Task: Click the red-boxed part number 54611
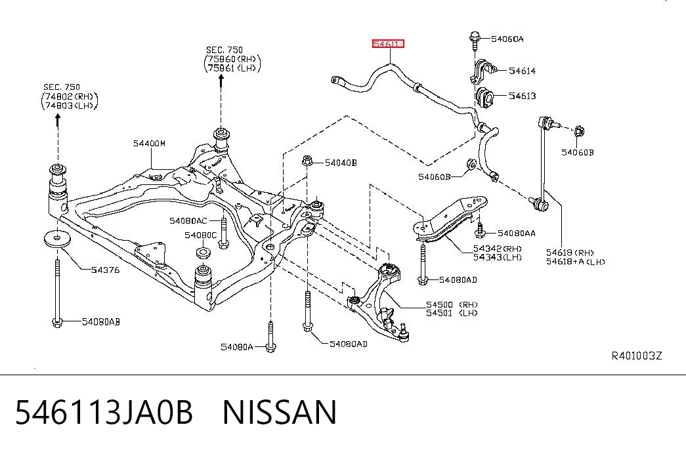click(388, 44)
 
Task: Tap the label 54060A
click(507, 39)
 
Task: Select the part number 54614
click(522, 71)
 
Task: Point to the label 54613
click(522, 96)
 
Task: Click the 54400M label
click(149, 144)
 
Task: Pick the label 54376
click(106, 270)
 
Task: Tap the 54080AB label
click(101, 322)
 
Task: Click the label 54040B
click(341, 163)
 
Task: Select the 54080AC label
click(188, 221)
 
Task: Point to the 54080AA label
click(516, 234)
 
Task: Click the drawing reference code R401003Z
click(637, 356)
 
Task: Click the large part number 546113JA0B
click(104, 412)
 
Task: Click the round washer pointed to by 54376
click(58, 238)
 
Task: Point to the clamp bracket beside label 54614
click(483, 71)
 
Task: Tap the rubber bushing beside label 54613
click(484, 97)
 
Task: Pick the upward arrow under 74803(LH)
click(58, 120)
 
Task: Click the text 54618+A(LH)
click(575, 262)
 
